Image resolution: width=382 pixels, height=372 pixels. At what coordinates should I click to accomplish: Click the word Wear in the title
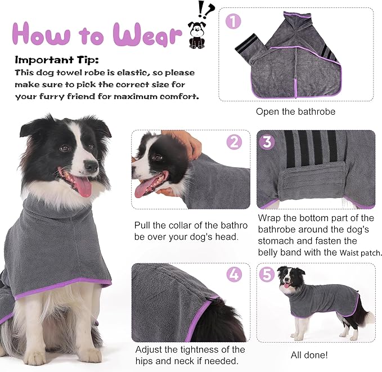click(147, 35)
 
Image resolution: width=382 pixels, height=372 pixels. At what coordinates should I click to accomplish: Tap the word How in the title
click(40, 35)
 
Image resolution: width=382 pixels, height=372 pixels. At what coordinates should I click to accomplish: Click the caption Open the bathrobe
click(295, 111)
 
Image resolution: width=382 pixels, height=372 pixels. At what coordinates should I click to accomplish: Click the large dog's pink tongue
click(82, 186)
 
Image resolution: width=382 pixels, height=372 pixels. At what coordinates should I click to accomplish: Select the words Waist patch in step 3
click(361, 253)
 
